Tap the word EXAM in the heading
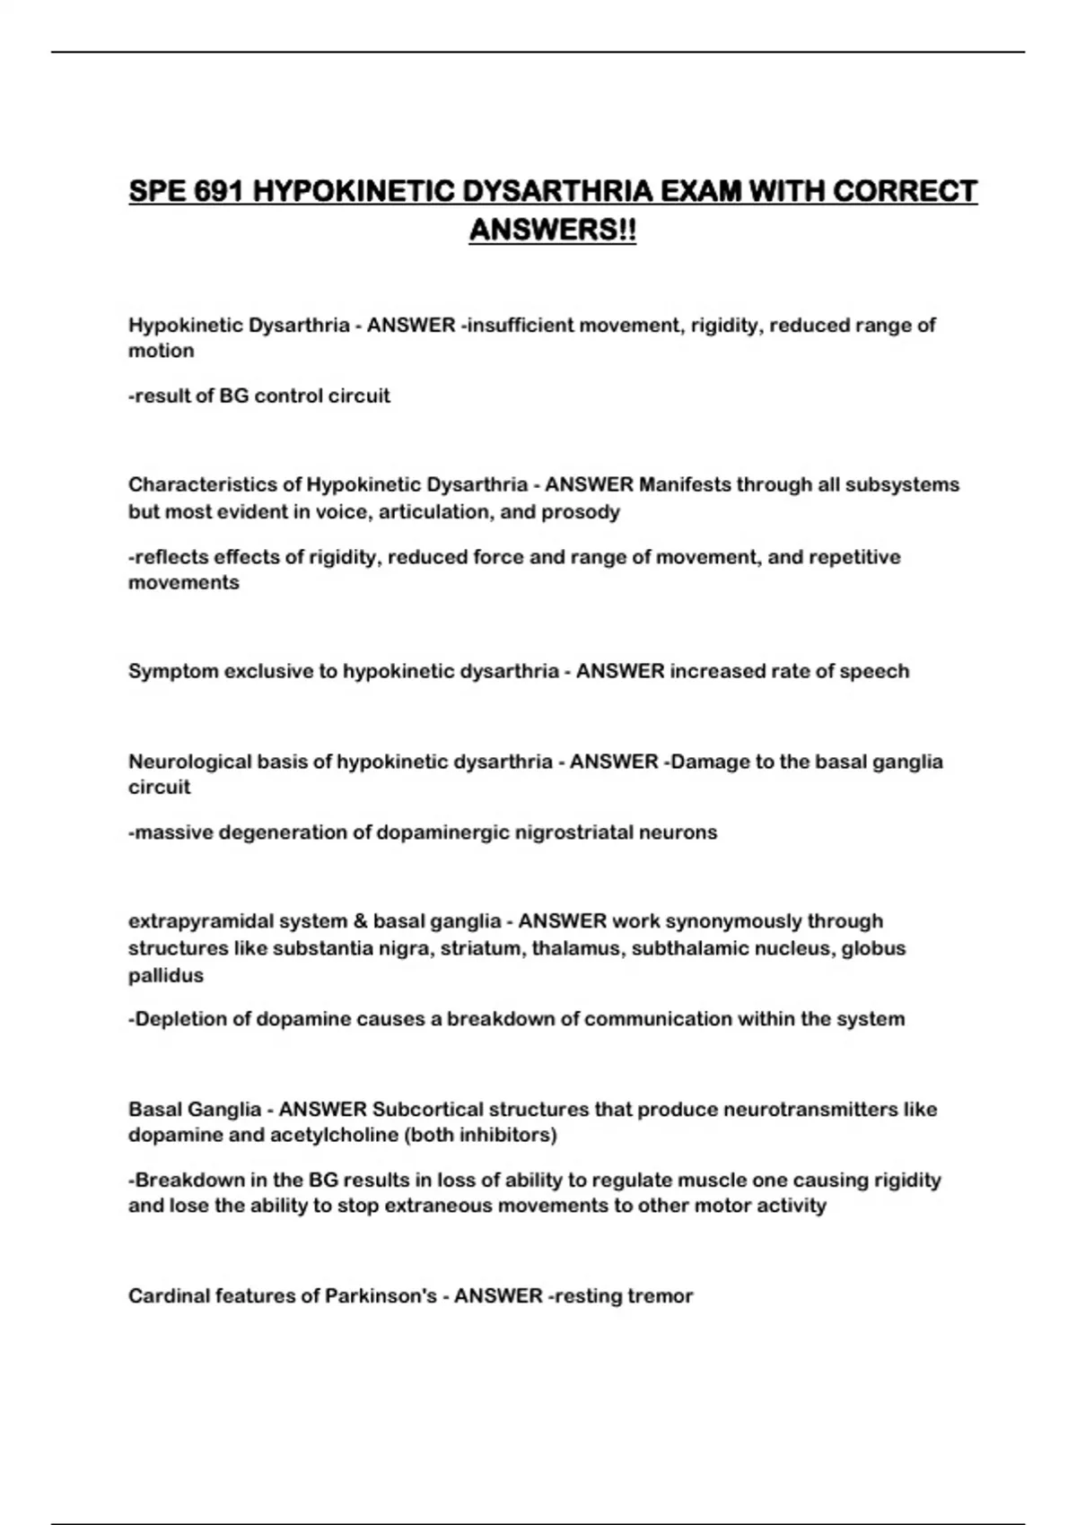click(x=700, y=192)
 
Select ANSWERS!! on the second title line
click(x=553, y=230)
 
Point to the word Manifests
click(x=685, y=484)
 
